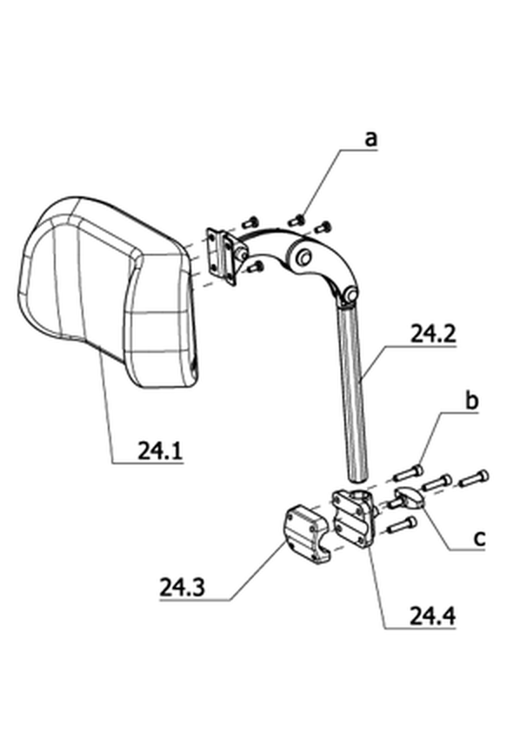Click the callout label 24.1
(160, 450)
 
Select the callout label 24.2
(433, 334)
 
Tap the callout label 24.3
(182, 588)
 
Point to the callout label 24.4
(432, 616)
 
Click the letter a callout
(370, 138)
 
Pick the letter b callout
(472, 400)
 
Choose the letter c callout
(479, 538)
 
